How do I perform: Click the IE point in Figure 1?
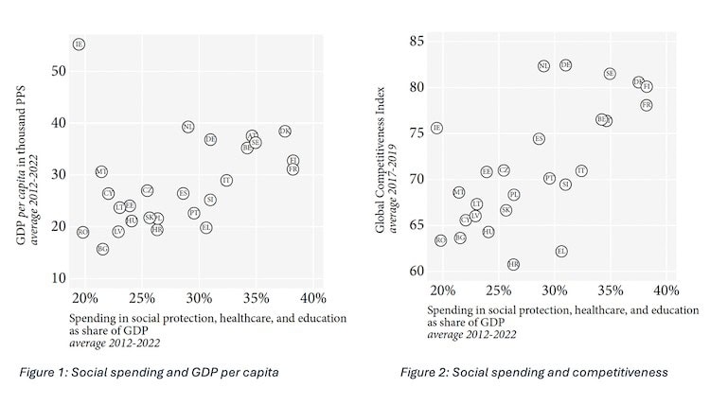coord(79,44)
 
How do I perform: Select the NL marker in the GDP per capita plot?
coord(188,126)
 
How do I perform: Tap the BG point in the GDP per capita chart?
coord(102,249)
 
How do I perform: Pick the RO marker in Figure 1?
coord(82,232)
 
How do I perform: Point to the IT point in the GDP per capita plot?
coord(226,180)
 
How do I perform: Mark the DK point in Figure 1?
coord(285,132)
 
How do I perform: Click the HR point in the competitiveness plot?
coord(513,265)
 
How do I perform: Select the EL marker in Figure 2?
coord(561,252)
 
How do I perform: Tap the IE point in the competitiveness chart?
coord(436,128)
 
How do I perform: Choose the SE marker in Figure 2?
coord(610,73)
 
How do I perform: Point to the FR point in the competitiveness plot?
coord(647,105)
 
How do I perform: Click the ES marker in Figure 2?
coord(539,139)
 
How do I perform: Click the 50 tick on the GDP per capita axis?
coord(60,71)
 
